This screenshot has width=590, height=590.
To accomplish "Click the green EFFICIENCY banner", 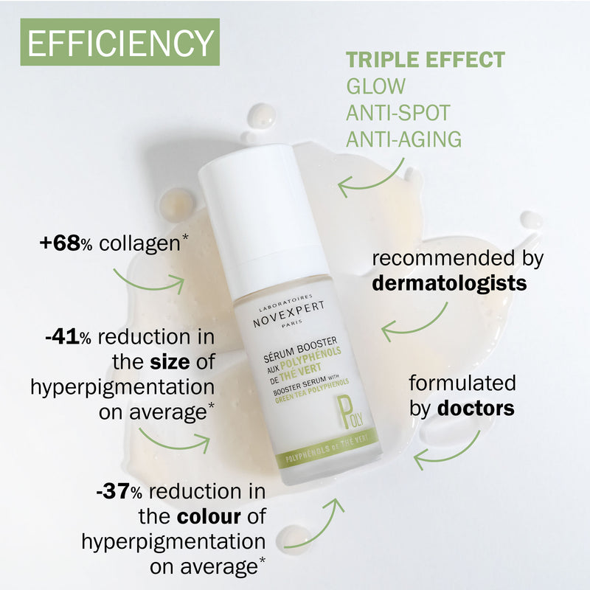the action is point(119,42).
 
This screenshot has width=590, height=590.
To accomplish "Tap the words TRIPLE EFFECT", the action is point(426,60).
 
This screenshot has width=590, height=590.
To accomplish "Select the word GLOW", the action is point(375,86).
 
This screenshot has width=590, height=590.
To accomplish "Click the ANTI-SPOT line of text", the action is point(398,113).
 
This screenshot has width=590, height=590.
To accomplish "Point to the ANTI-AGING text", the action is point(403,139).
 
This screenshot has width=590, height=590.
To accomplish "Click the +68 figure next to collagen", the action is point(60,243).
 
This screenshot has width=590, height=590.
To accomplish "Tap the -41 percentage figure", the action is point(62,337).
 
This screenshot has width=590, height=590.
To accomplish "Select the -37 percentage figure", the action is point(114,491).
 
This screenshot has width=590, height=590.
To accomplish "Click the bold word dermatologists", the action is point(449,283).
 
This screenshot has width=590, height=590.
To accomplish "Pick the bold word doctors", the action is point(476,409).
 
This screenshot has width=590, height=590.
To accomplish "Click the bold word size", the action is point(170,362).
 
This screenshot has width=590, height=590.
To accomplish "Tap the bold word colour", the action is point(209,517).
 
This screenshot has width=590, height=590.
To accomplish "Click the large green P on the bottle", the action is point(344,412).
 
